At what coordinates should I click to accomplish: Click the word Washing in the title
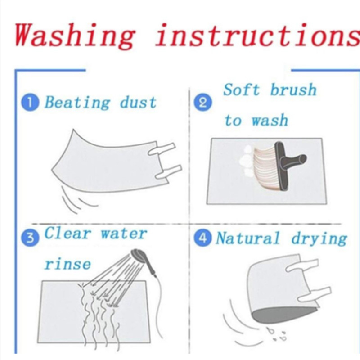(75, 35)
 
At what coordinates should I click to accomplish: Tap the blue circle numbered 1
(30, 103)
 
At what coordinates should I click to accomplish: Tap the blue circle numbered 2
(203, 103)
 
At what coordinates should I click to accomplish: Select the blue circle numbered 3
(30, 238)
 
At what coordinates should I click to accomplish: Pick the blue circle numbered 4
(203, 238)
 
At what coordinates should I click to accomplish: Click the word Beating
(77, 103)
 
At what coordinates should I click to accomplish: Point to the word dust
(139, 103)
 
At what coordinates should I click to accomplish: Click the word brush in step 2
(293, 89)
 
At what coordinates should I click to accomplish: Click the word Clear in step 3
(67, 233)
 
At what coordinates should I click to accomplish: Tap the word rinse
(67, 264)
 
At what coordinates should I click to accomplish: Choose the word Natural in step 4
(248, 238)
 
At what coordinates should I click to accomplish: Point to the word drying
(319, 239)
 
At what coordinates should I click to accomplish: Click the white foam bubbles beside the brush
(247, 162)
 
